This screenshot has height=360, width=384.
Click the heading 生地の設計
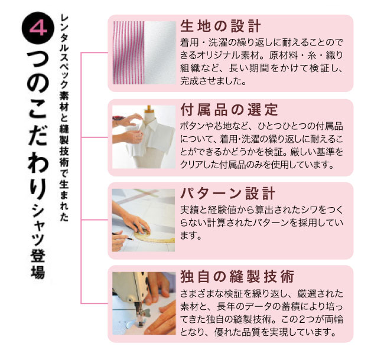click(x=221, y=26)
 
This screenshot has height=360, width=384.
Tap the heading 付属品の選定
click(x=229, y=110)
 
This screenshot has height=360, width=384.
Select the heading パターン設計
click(x=228, y=194)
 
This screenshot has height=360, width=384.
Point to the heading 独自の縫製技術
click(x=237, y=277)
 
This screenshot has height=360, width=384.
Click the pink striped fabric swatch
click(x=129, y=53)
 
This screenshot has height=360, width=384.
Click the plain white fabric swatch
click(x=160, y=53)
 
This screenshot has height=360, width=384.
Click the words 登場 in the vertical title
click(x=38, y=264)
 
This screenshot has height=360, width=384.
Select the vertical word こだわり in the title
click(x=38, y=149)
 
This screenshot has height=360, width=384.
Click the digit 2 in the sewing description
click(x=303, y=319)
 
